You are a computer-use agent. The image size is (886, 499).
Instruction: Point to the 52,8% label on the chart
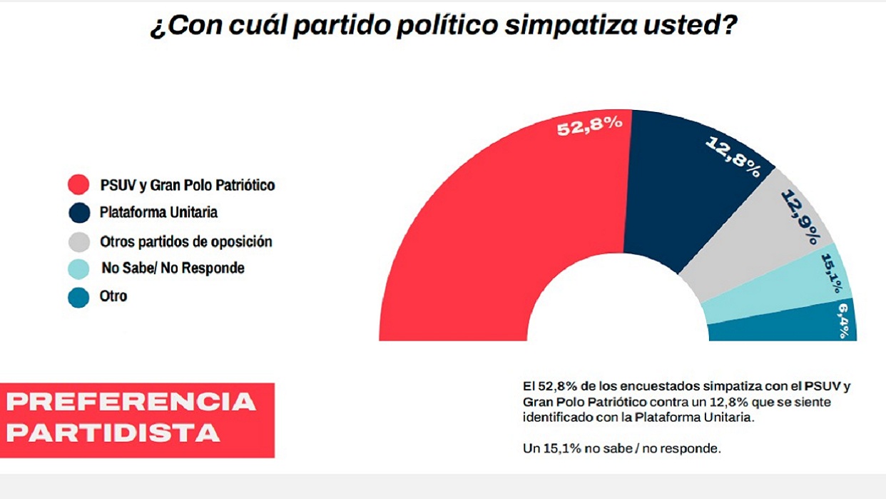point(589,128)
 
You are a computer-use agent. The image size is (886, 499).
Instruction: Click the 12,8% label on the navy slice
point(733,156)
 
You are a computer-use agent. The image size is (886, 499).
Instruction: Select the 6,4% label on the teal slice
point(844,319)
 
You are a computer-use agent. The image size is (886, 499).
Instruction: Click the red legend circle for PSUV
point(78,185)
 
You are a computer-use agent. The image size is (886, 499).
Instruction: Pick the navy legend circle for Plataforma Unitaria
point(78,213)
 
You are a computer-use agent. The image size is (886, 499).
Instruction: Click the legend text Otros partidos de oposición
point(186,241)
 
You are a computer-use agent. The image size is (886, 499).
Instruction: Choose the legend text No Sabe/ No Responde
point(173,268)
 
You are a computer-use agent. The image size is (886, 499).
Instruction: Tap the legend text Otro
point(113,296)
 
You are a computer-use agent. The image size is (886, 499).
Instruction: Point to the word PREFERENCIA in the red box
point(131,402)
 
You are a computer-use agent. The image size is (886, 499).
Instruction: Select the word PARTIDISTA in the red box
point(113,433)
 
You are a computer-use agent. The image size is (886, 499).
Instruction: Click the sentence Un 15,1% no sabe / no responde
point(621,448)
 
